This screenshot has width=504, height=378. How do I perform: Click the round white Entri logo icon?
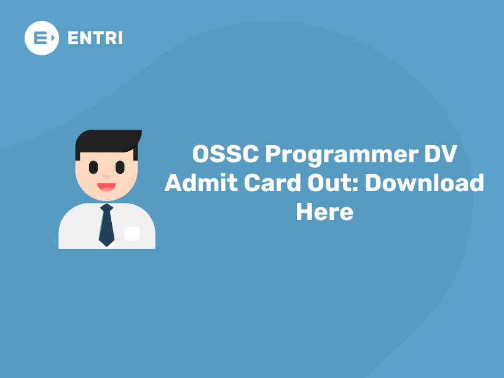(42, 37)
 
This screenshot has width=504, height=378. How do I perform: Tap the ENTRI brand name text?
(95, 38)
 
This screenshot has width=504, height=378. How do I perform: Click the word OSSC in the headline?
(226, 154)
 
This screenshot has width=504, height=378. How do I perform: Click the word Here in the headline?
(325, 212)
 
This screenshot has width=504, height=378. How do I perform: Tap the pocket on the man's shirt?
(132, 233)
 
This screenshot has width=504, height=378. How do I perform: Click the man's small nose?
(106, 176)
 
